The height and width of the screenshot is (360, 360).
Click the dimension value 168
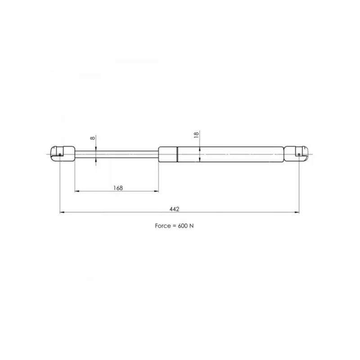118,188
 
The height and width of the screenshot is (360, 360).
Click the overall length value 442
174,209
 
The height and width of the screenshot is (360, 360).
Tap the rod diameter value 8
93,138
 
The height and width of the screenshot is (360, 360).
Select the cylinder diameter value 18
196,135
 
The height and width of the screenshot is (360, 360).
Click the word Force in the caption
162,226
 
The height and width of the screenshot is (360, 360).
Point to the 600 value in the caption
183,226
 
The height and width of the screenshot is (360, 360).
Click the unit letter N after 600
192,226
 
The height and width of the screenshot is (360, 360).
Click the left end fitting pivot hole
60,154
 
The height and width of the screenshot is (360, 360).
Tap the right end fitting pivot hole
299,154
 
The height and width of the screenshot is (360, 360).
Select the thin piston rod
117,154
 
